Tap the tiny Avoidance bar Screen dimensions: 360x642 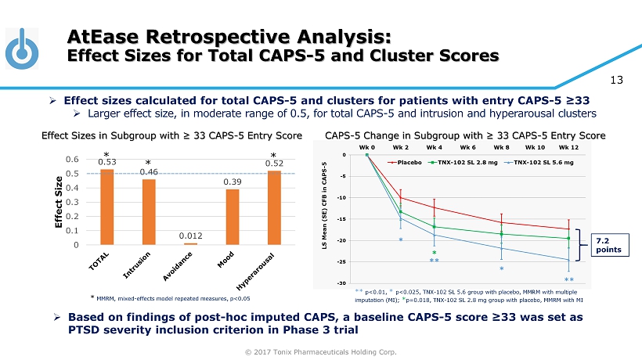[x=190, y=243]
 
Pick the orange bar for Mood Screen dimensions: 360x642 [x=233, y=217]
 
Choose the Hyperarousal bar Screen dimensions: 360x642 [x=274, y=207]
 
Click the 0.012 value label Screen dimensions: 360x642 [x=190, y=235]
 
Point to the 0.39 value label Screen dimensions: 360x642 [x=233, y=182]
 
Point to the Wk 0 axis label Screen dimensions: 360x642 [x=366, y=146]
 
